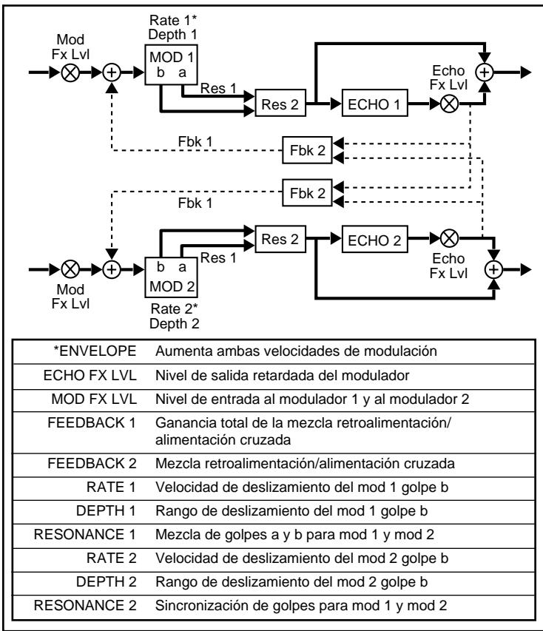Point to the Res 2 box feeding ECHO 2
(x=280, y=239)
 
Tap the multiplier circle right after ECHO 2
(x=449, y=239)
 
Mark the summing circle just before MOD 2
(x=112, y=269)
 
